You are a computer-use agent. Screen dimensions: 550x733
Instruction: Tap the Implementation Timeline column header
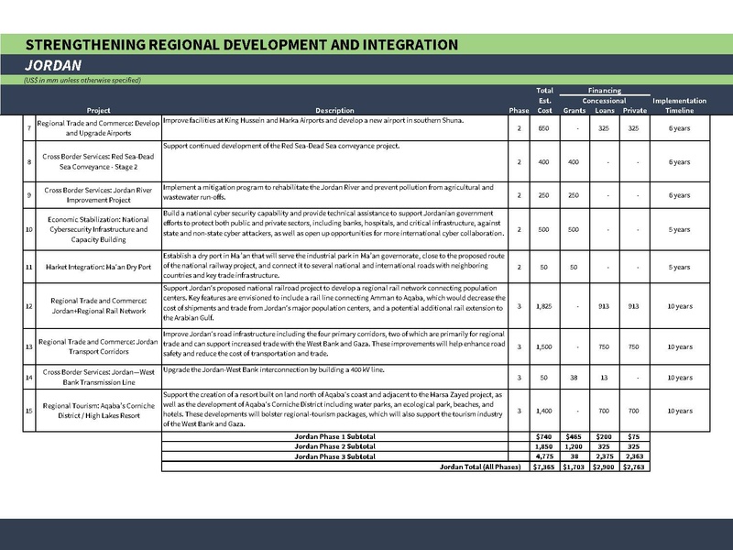click(678, 104)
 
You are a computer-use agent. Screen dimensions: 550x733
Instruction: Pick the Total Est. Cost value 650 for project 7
click(544, 127)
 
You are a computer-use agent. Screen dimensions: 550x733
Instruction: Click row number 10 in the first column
click(29, 229)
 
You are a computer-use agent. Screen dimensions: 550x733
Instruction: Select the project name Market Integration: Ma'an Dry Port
click(92, 267)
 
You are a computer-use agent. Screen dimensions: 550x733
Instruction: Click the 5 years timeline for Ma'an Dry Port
click(678, 267)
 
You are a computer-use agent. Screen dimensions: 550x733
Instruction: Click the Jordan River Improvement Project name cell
click(92, 193)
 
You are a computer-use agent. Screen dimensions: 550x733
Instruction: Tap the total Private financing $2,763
click(634, 466)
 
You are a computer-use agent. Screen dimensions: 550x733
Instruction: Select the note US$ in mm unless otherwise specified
click(82, 81)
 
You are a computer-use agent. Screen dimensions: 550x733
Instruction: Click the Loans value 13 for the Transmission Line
click(604, 377)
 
